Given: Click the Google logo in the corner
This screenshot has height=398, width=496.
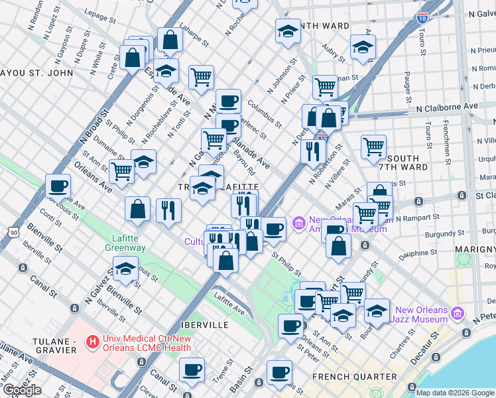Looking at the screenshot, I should pyautogui.click(x=21, y=390).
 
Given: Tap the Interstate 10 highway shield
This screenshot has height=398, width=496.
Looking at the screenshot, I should pyautogui.click(x=422, y=18).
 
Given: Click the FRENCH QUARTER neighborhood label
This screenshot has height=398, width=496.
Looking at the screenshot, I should pyautogui.click(x=354, y=377).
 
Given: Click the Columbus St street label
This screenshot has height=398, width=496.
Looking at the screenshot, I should pyautogui.click(x=265, y=112).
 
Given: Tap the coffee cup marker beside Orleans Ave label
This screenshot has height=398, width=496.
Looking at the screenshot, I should pyautogui.click(x=58, y=186).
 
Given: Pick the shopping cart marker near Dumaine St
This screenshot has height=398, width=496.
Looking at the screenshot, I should pyautogui.click(x=122, y=171).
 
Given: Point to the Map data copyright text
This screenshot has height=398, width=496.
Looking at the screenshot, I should pyautogui.click(x=455, y=393).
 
